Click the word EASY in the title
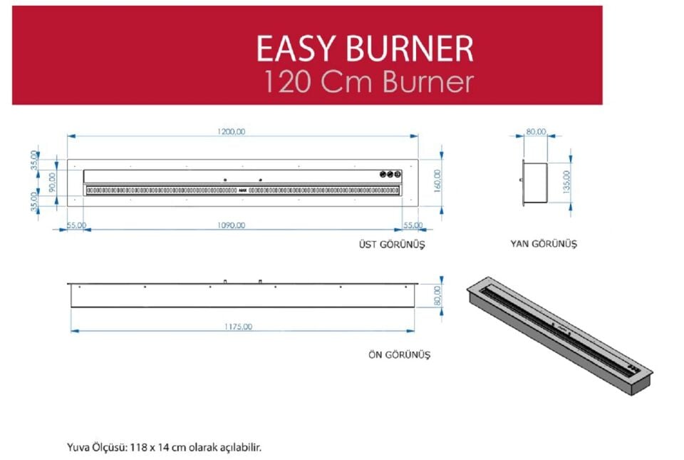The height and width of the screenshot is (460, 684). click(x=296, y=49)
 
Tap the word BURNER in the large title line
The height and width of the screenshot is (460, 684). click(x=409, y=49)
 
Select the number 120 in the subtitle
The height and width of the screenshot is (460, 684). click(x=287, y=82)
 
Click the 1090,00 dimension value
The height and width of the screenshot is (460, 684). click(x=231, y=225)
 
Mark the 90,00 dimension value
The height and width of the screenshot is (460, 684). click(x=51, y=180)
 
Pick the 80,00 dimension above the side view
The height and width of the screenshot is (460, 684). click(x=536, y=131)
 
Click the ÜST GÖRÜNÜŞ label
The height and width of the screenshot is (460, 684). click(x=391, y=244)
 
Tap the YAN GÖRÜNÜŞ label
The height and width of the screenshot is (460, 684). click(x=544, y=244)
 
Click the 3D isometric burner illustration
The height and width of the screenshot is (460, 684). click(x=559, y=336)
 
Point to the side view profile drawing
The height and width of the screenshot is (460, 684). click(x=535, y=181)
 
